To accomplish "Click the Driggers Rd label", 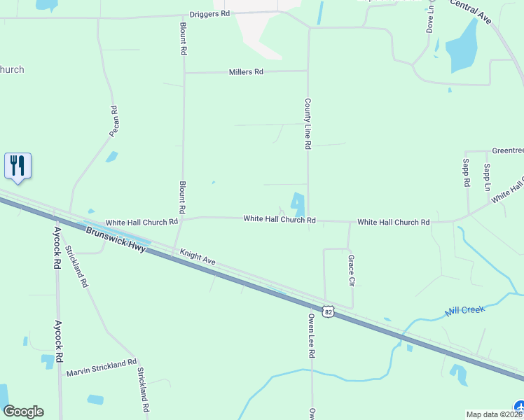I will pyautogui.click(x=209, y=14).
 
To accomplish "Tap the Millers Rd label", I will pyautogui.click(x=245, y=72).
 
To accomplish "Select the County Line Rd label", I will pyautogui.click(x=307, y=123).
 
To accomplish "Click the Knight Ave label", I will pyautogui.click(x=197, y=257).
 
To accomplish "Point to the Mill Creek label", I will pyautogui.click(x=465, y=310).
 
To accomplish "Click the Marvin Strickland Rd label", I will pyautogui.click(x=102, y=367).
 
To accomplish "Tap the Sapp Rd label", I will pyautogui.click(x=466, y=172).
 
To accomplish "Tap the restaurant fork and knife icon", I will pyautogui.click(x=18, y=166).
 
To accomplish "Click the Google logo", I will pyautogui.click(x=23, y=411).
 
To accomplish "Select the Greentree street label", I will pyautogui.click(x=506, y=150).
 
